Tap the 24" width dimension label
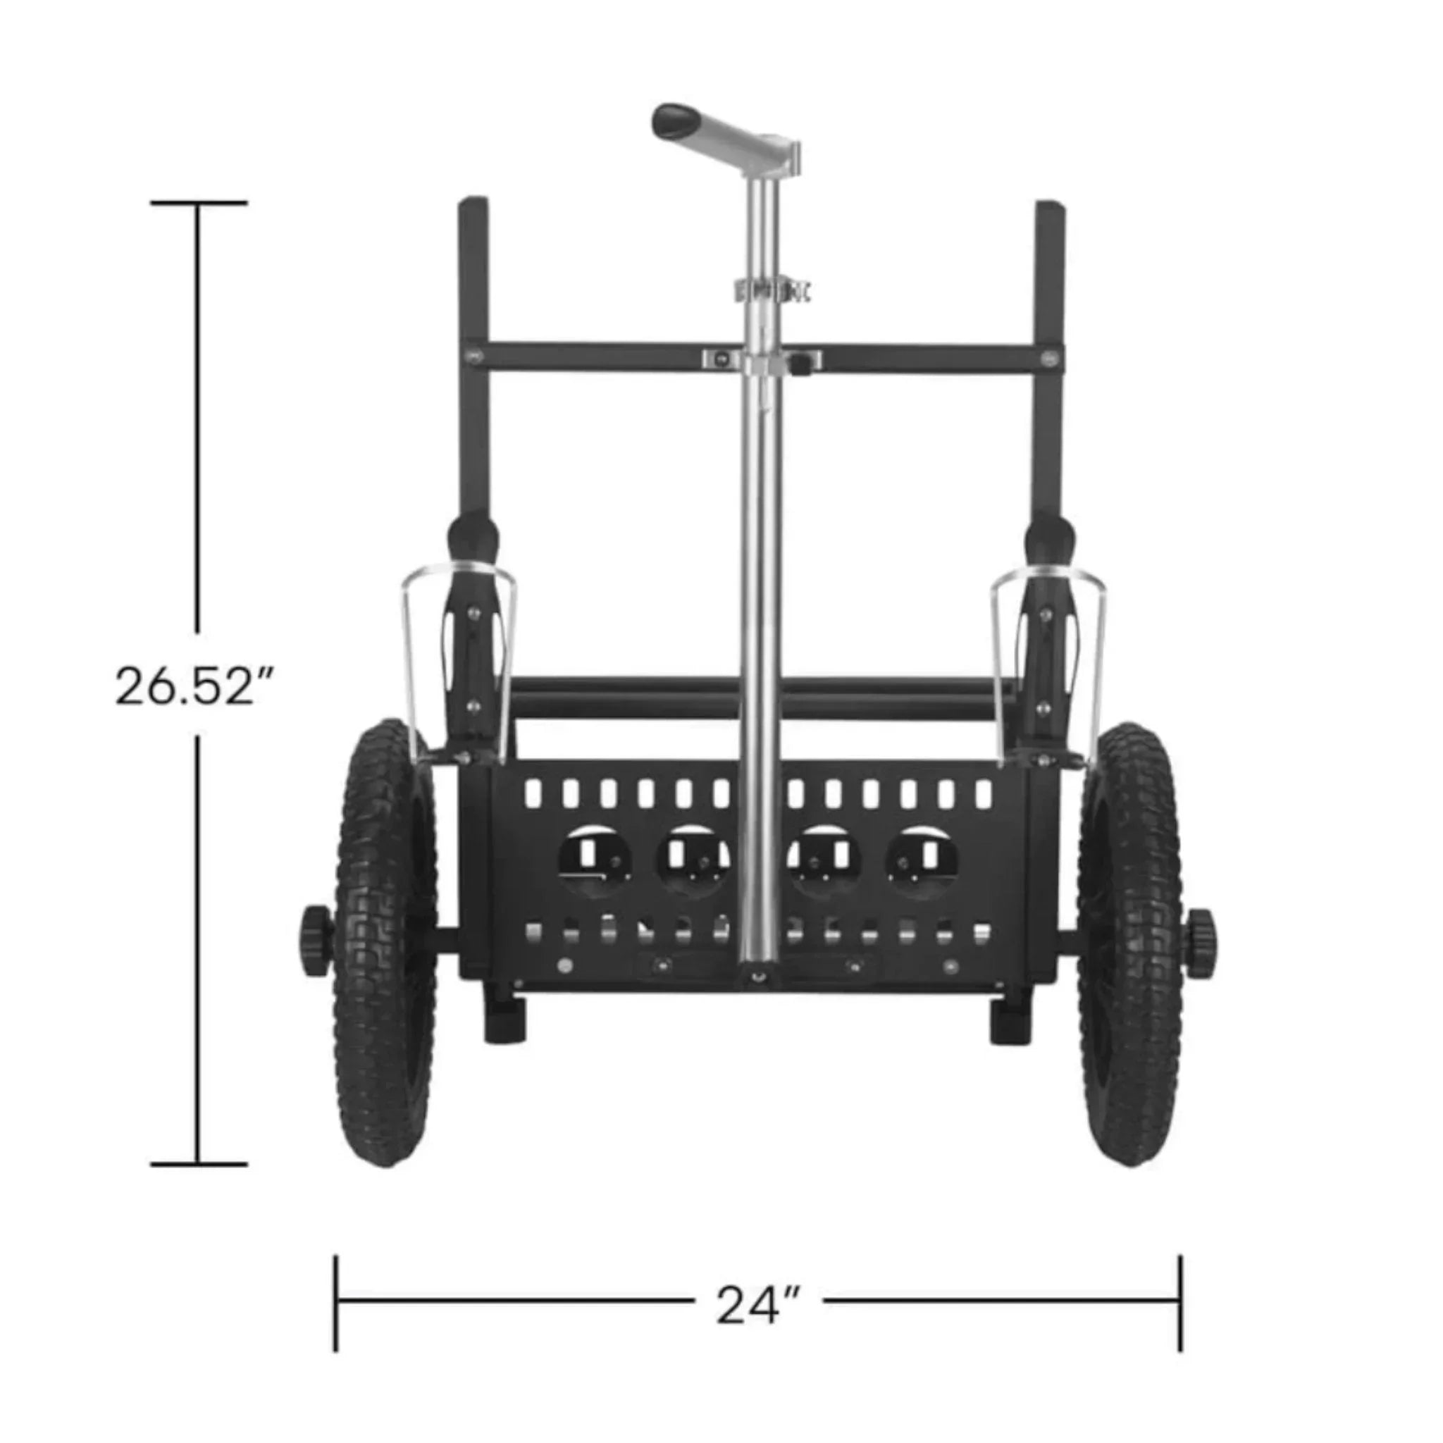click(x=759, y=1304)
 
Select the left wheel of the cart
click(x=385, y=941)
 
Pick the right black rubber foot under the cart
click(x=1008, y=1020)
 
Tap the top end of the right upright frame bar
click(x=1050, y=207)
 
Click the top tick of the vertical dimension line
click(x=198, y=202)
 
